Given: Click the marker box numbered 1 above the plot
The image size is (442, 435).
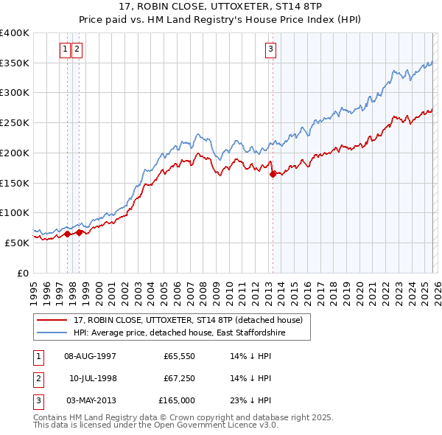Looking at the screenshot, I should [x=66, y=49].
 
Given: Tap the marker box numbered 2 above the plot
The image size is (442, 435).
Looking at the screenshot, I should [x=77, y=49].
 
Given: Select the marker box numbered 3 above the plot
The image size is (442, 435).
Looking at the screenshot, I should [x=270, y=49].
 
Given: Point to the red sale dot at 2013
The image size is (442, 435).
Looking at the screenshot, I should [x=273, y=174].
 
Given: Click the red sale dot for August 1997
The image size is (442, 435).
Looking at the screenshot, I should [x=67, y=234].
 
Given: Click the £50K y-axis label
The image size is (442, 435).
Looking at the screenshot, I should [x=17, y=243].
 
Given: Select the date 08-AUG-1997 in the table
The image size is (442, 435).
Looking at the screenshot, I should [x=90, y=356].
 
